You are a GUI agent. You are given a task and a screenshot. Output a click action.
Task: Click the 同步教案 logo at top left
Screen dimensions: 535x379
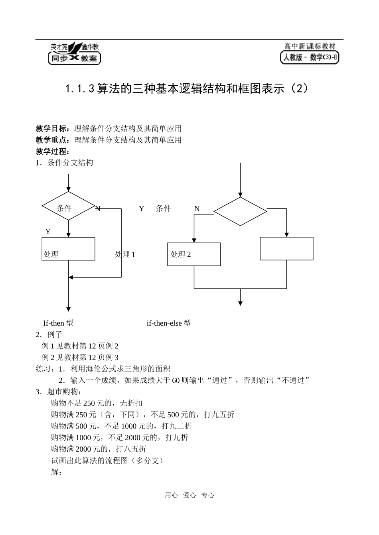[74, 53]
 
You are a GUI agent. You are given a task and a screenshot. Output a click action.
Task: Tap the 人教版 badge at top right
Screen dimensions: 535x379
[310, 53]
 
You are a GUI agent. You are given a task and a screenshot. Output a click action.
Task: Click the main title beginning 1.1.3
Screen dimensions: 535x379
[187, 89]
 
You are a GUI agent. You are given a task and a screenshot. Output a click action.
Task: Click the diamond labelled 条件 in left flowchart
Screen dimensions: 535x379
[68, 207]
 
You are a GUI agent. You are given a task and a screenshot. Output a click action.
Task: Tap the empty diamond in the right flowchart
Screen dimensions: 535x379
[240, 211]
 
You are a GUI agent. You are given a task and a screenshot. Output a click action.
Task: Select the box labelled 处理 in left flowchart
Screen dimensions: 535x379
[68, 249]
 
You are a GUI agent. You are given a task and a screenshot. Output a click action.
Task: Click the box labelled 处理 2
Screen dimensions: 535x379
[194, 254]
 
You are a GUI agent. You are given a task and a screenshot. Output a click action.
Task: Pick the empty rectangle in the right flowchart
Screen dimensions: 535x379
[286, 248]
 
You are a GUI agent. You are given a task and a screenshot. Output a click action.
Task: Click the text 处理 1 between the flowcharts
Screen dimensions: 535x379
[125, 254]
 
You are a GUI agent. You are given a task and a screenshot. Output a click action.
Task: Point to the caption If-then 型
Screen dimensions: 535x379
[58, 323]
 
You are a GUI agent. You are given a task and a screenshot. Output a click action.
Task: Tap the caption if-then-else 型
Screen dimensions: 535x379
[169, 323]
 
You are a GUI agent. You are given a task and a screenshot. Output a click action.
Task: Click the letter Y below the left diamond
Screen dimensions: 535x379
[48, 232]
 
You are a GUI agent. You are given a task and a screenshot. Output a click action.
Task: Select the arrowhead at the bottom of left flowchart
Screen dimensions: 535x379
[69, 309]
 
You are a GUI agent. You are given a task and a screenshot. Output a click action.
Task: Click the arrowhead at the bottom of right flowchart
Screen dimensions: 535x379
[240, 303]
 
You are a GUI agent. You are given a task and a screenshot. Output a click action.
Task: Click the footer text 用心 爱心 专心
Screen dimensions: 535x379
[189, 495]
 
